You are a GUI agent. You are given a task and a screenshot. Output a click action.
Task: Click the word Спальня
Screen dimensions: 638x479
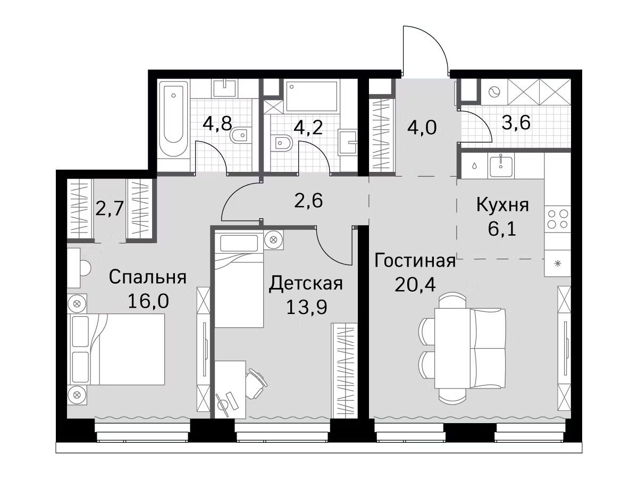click(x=147, y=278)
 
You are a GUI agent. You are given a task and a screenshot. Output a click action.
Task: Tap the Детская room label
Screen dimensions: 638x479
click(x=306, y=284)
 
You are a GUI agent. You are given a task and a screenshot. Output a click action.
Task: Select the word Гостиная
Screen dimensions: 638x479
click(x=415, y=261)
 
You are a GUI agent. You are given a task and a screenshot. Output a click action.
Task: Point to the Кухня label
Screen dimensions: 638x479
click(x=502, y=205)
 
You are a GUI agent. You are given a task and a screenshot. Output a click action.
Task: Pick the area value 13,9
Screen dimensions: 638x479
click(x=306, y=307)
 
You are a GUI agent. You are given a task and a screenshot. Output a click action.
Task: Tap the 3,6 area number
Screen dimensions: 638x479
click(x=516, y=123)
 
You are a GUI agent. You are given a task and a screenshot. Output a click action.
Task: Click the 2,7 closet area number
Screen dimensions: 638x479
click(x=110, y=209)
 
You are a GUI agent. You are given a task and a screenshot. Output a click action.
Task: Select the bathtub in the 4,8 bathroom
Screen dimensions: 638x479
click(x=173, y=119)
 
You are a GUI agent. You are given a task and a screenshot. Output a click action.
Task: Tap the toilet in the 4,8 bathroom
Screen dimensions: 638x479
click(x=240, y=135)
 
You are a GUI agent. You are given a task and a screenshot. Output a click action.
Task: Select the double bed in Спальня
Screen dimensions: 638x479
click(x=116, y=349)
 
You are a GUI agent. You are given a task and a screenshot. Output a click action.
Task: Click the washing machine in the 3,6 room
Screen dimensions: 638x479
click(x=494, y=92)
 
